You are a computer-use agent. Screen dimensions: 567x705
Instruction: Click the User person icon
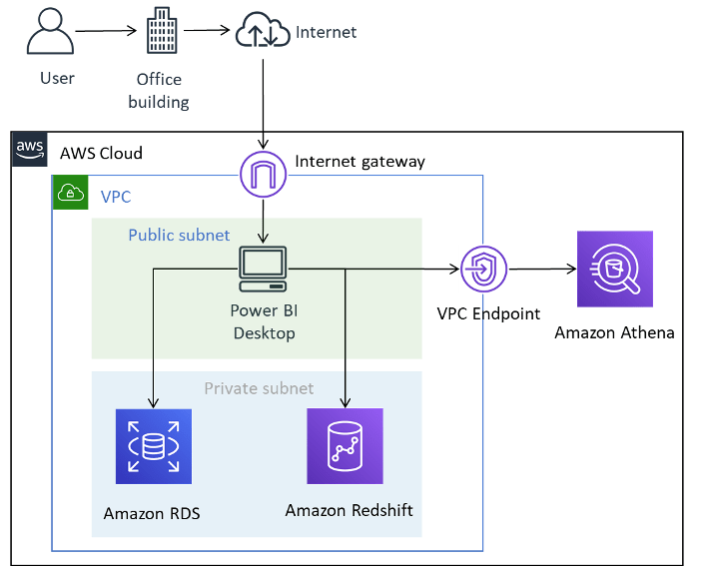51,31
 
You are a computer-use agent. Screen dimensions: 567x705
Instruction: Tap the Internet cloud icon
263,32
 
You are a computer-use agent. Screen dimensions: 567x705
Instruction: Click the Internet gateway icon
264,174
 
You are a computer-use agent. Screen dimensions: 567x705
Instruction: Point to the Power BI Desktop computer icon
264,268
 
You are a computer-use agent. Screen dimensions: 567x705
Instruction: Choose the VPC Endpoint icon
484,269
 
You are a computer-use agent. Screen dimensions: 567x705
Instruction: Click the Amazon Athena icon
614,270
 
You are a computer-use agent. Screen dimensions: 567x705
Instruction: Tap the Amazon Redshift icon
346,445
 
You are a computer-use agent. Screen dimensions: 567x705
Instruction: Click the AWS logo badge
30,150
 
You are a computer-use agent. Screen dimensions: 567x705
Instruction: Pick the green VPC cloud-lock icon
71,193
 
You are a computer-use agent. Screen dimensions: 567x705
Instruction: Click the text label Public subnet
179,236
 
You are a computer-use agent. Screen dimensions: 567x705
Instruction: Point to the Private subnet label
259,388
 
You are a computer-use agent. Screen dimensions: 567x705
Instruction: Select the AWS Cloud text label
101,153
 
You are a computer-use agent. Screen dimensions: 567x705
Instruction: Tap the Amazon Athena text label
614,332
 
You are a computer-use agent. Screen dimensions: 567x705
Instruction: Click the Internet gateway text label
359,161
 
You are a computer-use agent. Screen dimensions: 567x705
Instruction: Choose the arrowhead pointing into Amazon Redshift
346,402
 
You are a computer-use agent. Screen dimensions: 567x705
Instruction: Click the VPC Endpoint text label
488,313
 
